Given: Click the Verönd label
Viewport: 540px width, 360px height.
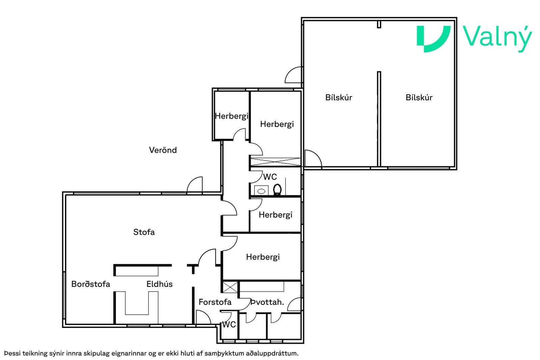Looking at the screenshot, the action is (163, 150).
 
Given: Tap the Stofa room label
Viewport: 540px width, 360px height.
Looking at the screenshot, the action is (144, 232).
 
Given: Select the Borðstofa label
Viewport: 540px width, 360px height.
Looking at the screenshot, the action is (91, 284).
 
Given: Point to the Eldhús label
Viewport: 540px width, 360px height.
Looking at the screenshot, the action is (159, 284).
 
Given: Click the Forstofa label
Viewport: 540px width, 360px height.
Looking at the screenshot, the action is (215, 302).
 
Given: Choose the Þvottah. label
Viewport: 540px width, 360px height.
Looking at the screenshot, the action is (267, 302).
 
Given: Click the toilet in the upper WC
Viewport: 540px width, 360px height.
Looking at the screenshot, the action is (277, 190).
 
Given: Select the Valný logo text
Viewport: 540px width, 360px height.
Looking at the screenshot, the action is (497, 38).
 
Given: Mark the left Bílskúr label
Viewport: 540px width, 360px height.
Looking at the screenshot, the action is (339, 98).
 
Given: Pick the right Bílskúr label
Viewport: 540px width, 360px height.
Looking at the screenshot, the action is (419, 98).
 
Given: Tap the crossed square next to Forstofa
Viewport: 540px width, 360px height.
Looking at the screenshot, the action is (230, 287).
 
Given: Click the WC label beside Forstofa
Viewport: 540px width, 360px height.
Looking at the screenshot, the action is (229, 325).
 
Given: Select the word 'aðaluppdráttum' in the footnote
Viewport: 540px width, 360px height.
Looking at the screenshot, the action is (272, 354).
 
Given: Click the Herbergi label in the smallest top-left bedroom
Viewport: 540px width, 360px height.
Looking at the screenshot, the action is (232, 116).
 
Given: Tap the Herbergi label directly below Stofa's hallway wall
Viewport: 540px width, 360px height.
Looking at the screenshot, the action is (263, 257).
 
